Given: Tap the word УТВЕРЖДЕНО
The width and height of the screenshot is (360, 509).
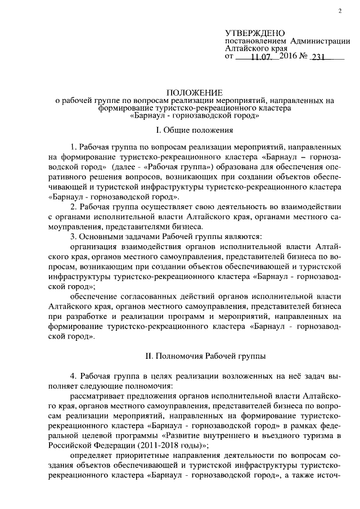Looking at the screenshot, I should pos(255,34).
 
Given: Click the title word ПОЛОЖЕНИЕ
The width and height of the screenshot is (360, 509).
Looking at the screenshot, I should pos(195,92).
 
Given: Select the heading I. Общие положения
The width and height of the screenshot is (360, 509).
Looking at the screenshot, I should pos(195,130).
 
